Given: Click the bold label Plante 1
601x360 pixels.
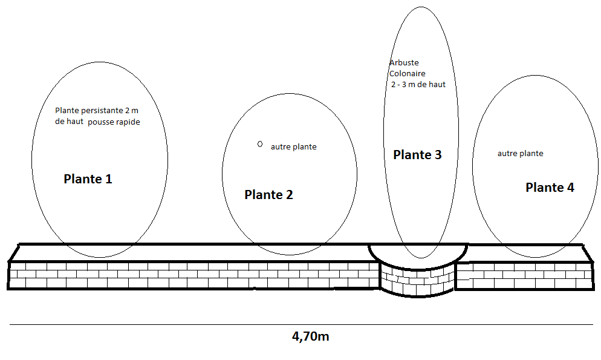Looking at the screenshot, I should [88, 179].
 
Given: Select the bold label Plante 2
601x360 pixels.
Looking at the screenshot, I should [268, 195].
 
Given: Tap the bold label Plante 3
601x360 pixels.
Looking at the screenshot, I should [417, 155].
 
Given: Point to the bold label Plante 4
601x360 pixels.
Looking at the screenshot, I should [550, 188].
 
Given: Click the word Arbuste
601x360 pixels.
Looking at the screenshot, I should [404, 63].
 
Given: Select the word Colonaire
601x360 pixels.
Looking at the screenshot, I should [407, 74].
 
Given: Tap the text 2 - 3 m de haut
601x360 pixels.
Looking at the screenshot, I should [418, 85].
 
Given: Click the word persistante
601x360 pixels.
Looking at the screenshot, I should [105, 111].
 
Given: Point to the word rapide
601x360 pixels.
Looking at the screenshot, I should [124, 122].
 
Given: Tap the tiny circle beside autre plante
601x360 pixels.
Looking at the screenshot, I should [259, 144].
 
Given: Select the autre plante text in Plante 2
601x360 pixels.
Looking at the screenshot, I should [293, 147].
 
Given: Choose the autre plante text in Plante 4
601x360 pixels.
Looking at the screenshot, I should [520, 154].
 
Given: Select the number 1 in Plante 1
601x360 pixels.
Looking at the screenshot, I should [108, 179].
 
